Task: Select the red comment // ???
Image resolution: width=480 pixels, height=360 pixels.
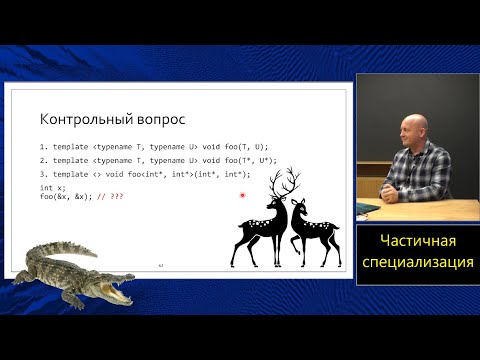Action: [113, 196]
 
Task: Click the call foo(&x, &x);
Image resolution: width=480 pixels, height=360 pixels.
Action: [68, 196]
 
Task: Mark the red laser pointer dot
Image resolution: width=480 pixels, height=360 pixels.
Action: [243, 195]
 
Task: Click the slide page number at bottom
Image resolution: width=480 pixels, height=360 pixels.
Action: [161, 264]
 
